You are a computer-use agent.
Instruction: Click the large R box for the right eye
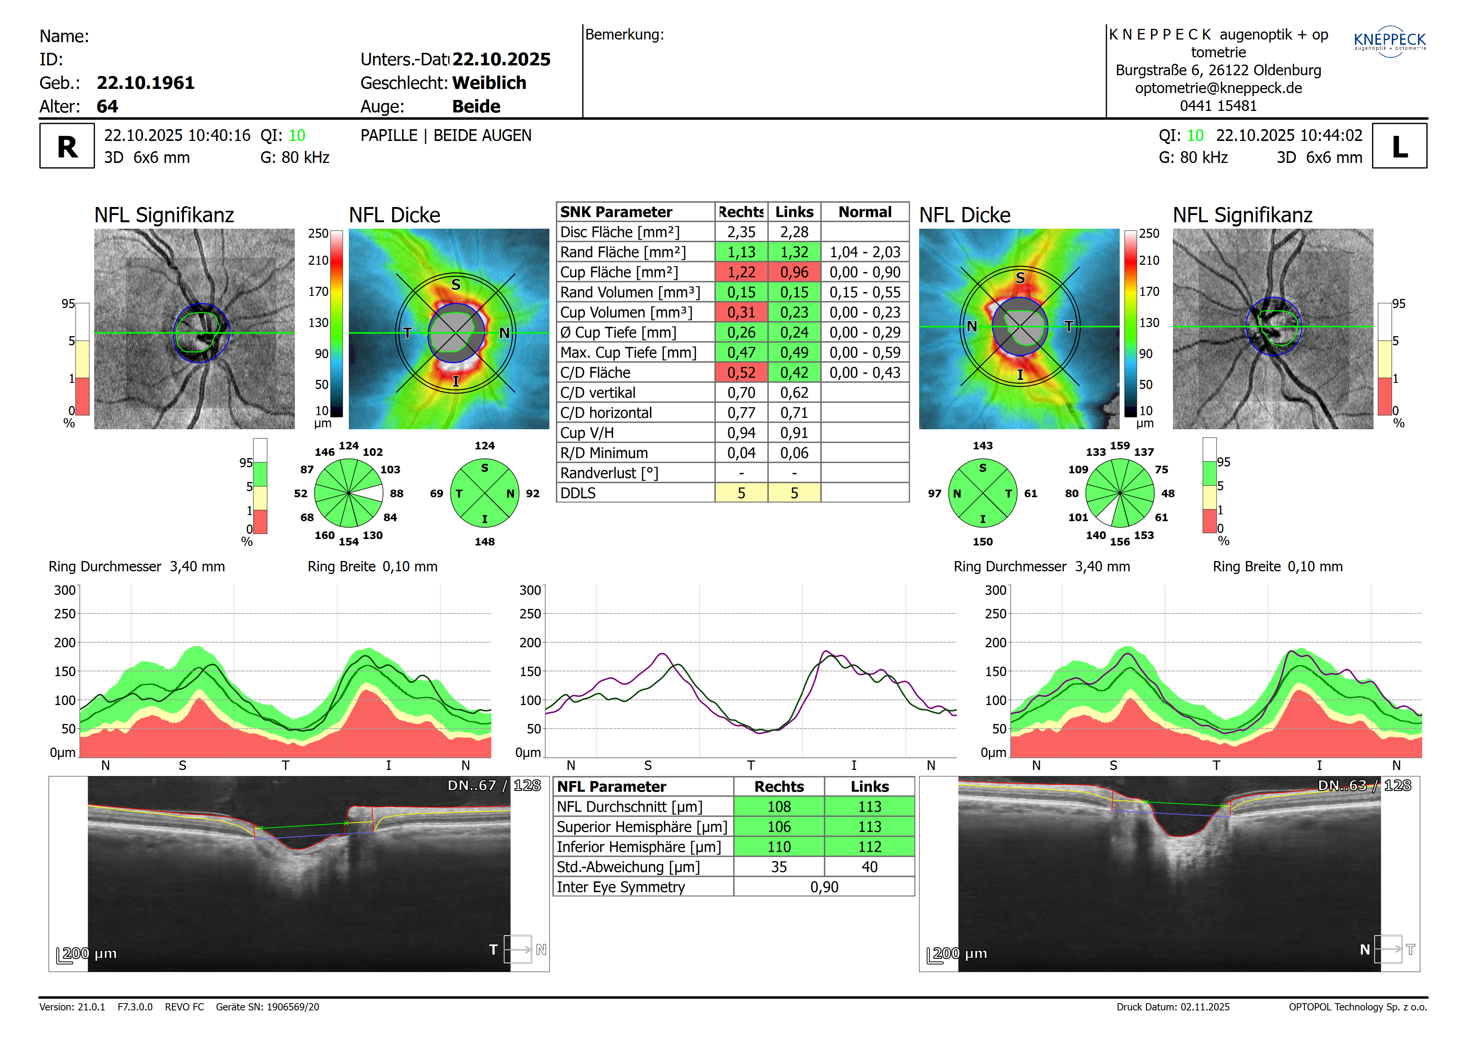[x=67, y=146]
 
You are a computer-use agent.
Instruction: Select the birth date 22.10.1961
[x=145, y=83]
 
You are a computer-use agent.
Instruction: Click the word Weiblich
[x=489, y=83]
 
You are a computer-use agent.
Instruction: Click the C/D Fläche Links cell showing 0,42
[x=794, y=373]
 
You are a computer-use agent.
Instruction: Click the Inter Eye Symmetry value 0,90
[x=824, y=887]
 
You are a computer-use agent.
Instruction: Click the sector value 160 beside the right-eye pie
[x=324, y=536]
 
